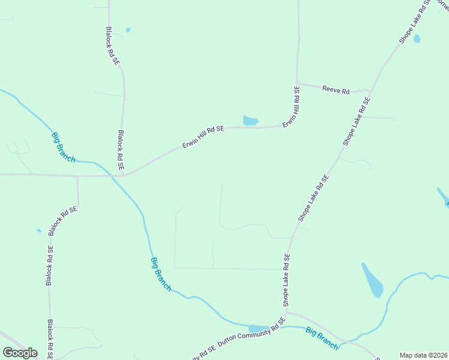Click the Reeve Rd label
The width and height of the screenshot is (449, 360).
point(336,90)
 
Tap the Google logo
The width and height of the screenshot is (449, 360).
point(20,353)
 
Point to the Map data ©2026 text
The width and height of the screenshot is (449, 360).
point(423,355)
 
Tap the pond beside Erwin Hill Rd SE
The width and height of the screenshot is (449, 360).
point(250,121)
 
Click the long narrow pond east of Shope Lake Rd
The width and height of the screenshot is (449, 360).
point(372,280)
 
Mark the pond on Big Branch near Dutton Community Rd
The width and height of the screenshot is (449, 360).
point(259,328)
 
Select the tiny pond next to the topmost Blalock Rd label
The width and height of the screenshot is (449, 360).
point(128,29)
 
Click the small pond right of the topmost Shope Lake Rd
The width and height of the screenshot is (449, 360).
point(417,39)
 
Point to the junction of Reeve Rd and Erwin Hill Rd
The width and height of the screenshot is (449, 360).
point(297,83)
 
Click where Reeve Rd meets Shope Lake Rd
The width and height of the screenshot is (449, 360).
point(369,91)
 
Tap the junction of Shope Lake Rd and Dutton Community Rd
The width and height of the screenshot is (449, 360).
point(286,312)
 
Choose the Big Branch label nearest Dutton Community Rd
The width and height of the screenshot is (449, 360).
point(321,338)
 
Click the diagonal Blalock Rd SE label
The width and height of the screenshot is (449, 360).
point(64,220)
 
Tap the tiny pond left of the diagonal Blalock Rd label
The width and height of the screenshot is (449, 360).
point(39,230)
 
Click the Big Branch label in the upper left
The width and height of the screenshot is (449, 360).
point(63,146)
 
